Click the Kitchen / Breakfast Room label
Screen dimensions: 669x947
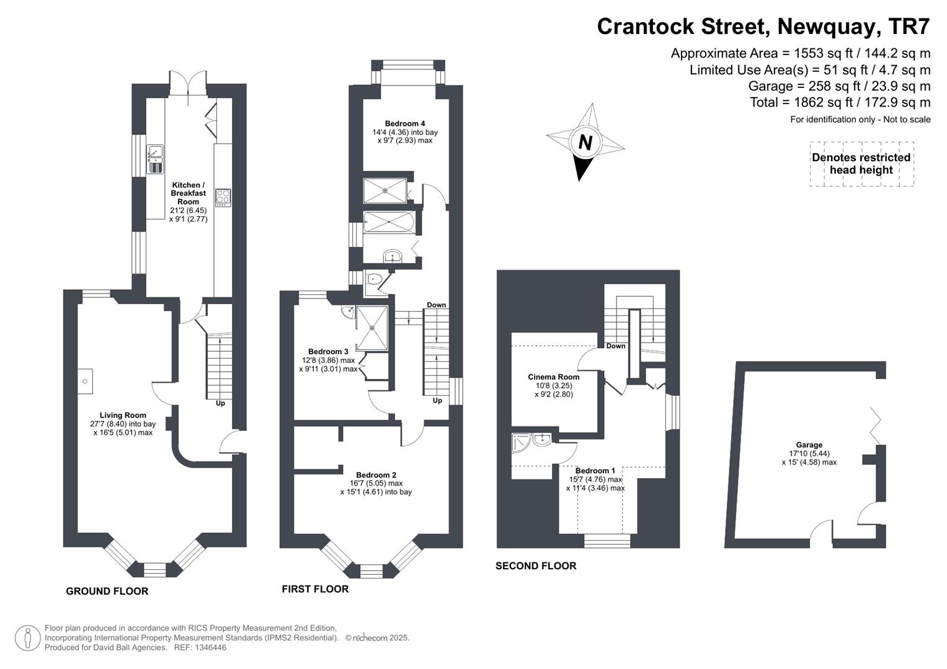189,193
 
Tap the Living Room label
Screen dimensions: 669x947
123,416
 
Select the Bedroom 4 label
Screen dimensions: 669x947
404,123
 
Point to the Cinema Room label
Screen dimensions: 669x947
553,377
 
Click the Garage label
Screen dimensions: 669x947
809,445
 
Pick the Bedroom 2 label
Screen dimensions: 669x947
376,475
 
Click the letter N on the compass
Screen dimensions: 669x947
585,142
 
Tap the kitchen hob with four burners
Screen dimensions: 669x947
223,197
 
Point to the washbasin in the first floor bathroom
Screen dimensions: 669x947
392,256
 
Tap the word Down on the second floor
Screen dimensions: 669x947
616,346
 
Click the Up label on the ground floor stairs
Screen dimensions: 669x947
220,403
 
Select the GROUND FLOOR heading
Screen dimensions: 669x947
107,591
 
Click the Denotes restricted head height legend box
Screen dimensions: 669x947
861,164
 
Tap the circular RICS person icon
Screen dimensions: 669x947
28,638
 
